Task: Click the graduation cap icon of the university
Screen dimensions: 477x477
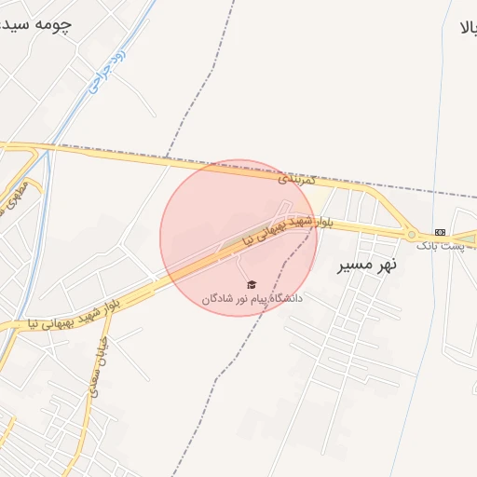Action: point(252,285)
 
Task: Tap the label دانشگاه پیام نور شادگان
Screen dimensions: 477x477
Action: point(252,299)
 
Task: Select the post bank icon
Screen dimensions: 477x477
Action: point(440,232)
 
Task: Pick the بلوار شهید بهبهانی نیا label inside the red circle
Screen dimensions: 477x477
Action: point(280,229)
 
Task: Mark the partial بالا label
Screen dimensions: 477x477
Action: point(466,28)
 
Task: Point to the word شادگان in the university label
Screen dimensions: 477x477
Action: point(218,299)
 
